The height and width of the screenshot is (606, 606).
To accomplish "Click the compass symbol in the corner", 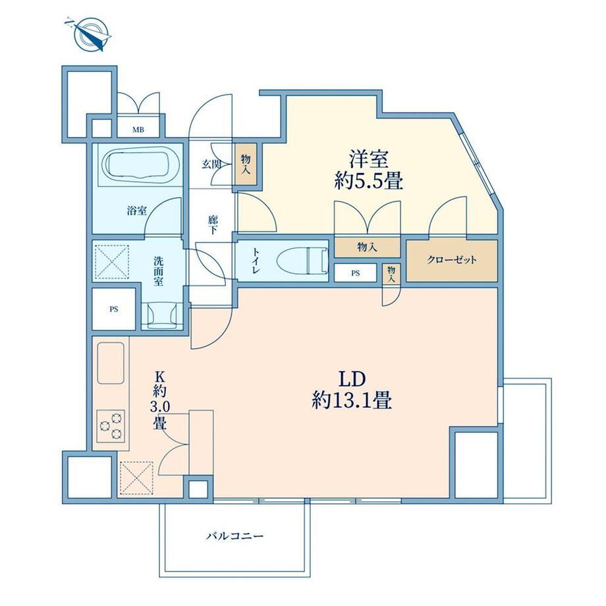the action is click(x=92, y=34).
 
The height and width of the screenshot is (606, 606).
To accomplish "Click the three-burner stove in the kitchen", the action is click(x=111, y=426).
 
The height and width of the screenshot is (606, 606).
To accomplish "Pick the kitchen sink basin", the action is click(x=111, y=363).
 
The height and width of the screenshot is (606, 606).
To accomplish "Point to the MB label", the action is click(x=138, y=130).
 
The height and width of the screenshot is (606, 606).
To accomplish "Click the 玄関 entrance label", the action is click(x=211, y=165).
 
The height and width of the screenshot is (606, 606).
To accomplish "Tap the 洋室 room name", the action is click(x=369, y=159).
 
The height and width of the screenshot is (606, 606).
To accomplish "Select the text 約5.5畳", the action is click(x=369, y=181).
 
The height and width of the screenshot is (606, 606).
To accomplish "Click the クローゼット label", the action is click(x=451, y=260).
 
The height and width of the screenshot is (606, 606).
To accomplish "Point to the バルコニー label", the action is click(x=234, y=536).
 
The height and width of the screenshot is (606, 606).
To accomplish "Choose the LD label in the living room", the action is click(x=352, y=379).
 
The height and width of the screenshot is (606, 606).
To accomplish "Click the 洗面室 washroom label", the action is click(x=159, y=271).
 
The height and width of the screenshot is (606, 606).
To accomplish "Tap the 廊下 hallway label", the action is click(x=213, y=225).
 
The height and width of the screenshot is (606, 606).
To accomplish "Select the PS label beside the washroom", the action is click(x=113, y=310).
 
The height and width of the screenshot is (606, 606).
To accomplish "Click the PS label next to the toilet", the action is click(x=356, y=273).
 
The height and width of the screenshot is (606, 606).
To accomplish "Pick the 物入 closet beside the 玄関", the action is click(x=246, y=164).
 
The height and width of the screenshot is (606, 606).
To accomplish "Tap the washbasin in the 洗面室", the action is click(x=162, y=315).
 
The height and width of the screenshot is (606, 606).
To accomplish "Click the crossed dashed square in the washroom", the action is click(x=112, y=262).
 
